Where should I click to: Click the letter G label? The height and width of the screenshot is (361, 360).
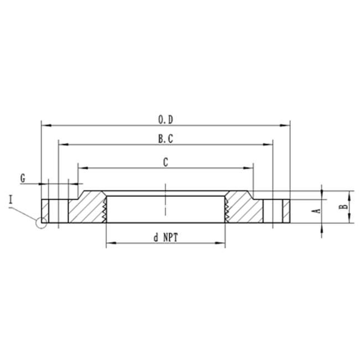coord(23,178)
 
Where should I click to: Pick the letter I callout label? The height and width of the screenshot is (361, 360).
coord(11,199)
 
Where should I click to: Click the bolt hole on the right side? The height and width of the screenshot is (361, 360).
coord(272,210)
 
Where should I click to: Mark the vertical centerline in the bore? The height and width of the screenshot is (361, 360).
coord(166,200)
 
